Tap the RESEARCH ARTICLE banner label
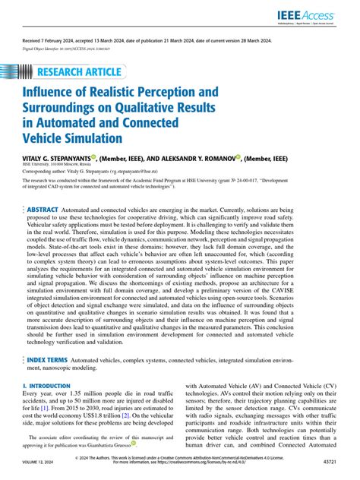click(x=78, y=72)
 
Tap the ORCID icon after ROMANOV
click(x=237, y=157)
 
